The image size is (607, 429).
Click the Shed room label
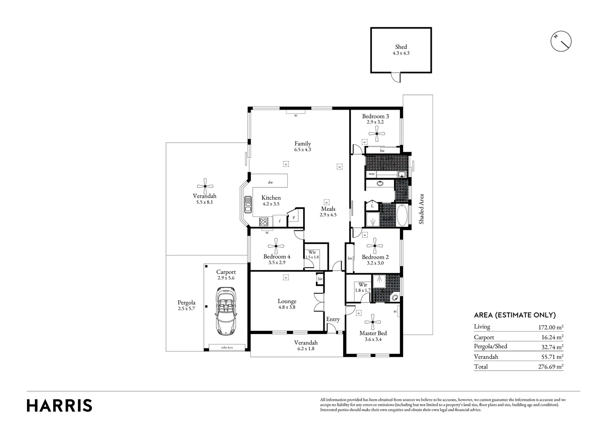coord(400,47)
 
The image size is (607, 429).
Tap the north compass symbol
coord(561,41)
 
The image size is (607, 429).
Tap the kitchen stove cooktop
coord(264,222)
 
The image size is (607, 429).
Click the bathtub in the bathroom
coord(402,215)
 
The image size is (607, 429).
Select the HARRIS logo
coord(59,406)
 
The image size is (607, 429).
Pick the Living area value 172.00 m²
coord(548,327)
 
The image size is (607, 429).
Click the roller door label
coord(227,347)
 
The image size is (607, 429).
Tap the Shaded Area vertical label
coord(421,209)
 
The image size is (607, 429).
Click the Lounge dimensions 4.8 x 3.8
coord(286,307)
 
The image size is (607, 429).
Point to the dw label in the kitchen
coord(270,183)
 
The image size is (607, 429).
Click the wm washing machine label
coord(371,174)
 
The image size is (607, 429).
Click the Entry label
coord(333,319)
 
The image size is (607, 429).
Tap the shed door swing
coord(395,77)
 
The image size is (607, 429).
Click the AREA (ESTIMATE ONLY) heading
coord(514,315)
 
